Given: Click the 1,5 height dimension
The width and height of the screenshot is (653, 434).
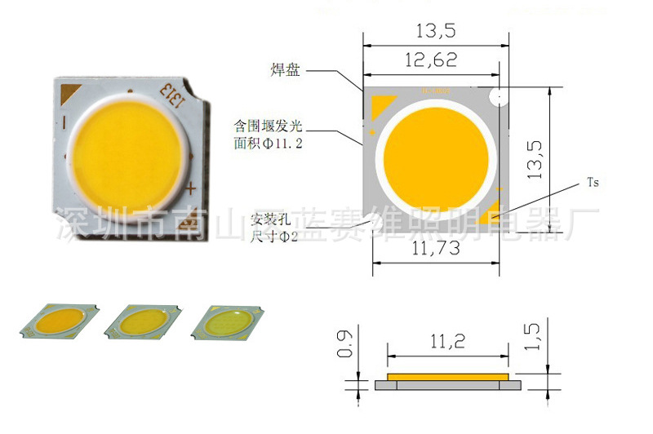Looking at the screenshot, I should coord(532,335).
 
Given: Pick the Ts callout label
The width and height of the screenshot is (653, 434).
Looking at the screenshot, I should coord(593,183).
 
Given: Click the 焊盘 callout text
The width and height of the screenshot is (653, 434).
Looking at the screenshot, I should coord(287,70).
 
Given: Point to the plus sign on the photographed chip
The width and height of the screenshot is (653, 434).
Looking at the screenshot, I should coord(190,189).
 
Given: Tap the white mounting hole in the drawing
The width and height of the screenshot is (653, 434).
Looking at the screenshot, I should coord(495,98).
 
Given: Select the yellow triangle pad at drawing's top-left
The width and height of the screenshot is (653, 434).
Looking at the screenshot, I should coord(380,104).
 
